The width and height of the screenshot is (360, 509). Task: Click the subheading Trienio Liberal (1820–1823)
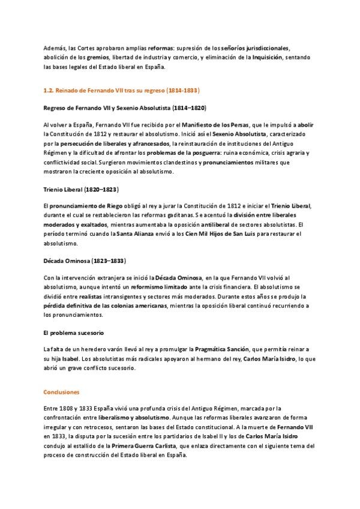click(81, 189)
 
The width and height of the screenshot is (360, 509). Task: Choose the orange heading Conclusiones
click(61, 391)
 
